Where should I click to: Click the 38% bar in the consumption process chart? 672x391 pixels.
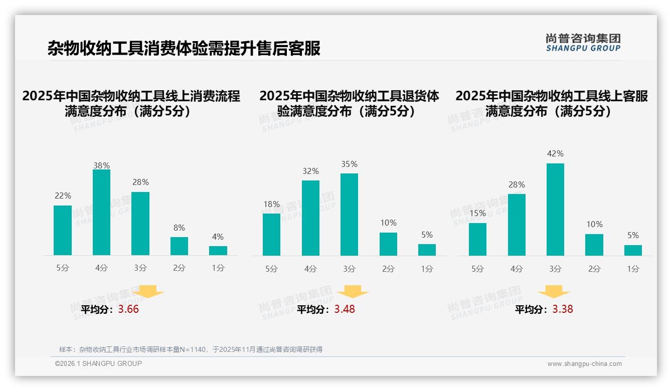pyautogui.click(x=101, y=213)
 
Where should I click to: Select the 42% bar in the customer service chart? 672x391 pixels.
pyautogui.click(x=555, y=210)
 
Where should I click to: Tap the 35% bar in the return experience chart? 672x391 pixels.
pyautogui.click(x=349, y=215)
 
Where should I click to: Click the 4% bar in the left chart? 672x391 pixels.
pyautogui.click(x=218, y=251)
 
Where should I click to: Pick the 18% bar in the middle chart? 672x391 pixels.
pyautogui.click(x=271, y=235)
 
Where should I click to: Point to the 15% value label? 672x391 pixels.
pyautogui.click(x=477, y=213)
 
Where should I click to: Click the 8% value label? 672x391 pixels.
pyautogui.click(x=179, y=228)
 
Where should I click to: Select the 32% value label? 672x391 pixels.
pyautogui.click(x=310, y=171)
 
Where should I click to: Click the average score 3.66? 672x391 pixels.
pyautogui.click(x=128, y=309)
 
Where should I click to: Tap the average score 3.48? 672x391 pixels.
pyautogui.click(x=345, y=309)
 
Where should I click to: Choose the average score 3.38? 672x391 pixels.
pyautogui.click(x=563, y=309)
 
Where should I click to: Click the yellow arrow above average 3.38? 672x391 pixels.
pyautogui.click(x=554, y=292)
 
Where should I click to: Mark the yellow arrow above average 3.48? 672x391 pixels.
pyautogui.click(x=353, y=292)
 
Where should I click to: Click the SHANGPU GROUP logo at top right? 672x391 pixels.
pyautogui.click(x=583, y=43)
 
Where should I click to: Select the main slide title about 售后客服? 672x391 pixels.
pyautogui.click(x=184, y=48)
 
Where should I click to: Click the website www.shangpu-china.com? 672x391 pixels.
pyautogui.click(x=584, y=364)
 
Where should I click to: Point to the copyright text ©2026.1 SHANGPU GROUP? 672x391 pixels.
pyautogui.click(x=98, y=363)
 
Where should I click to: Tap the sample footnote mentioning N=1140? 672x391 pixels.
pyautogui.click(x=191, y=349)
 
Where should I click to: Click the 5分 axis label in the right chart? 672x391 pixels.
pyautogui.click(x=477, y=269)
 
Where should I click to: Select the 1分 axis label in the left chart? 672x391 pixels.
pyautogui.click(x=218, y=268)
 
